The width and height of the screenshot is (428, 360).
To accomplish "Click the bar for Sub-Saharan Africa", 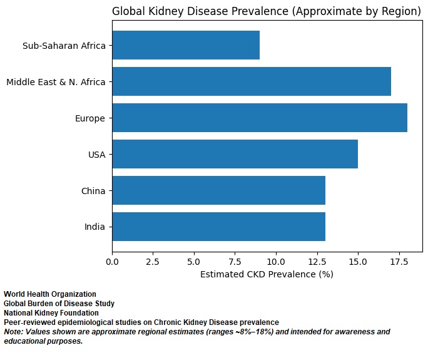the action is (x=186, y=45).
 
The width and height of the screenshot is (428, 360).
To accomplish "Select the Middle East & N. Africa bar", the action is (x=252, y=81).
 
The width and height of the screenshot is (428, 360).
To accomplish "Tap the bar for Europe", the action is (x=260, y=118).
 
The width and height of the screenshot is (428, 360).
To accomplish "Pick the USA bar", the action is (x=235, y=154).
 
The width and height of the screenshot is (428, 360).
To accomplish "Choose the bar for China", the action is (x=219, y=190).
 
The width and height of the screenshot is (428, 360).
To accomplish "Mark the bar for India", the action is (x=219, y=227).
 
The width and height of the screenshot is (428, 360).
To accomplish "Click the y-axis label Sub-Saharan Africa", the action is (x=64, y=46).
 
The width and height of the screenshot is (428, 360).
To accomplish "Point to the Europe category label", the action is (x=90, y=118).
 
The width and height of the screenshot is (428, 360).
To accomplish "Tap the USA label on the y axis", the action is (x=97, y=155).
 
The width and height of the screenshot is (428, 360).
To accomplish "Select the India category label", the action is (x=94, y=227).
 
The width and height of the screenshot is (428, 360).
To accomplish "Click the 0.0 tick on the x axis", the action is (x=112, y=262).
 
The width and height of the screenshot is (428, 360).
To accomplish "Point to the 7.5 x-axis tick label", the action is (x=235, y=262).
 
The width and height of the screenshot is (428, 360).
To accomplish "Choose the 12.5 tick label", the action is (x=317, y=262).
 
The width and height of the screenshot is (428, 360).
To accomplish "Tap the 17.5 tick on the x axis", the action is (x=399, y=262).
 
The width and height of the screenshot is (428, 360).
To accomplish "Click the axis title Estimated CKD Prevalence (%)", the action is (x=267, y=274).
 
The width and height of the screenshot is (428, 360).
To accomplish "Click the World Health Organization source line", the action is (x=50, y=294).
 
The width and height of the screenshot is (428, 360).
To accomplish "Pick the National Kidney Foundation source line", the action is (x=51, y=313).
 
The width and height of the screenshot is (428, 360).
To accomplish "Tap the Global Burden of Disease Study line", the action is (x=59, y=304).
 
